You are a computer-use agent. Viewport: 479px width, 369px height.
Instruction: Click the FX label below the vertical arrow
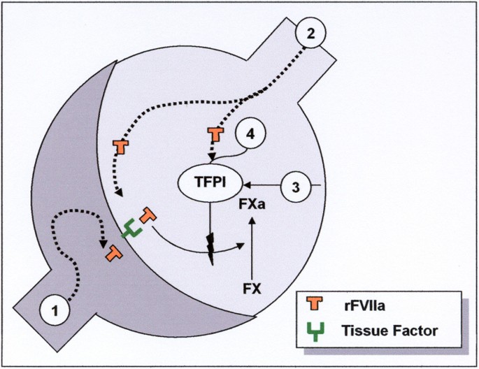253,287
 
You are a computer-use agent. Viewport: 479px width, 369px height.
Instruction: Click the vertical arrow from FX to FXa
253,248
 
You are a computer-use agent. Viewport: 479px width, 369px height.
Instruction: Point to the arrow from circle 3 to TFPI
262,186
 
